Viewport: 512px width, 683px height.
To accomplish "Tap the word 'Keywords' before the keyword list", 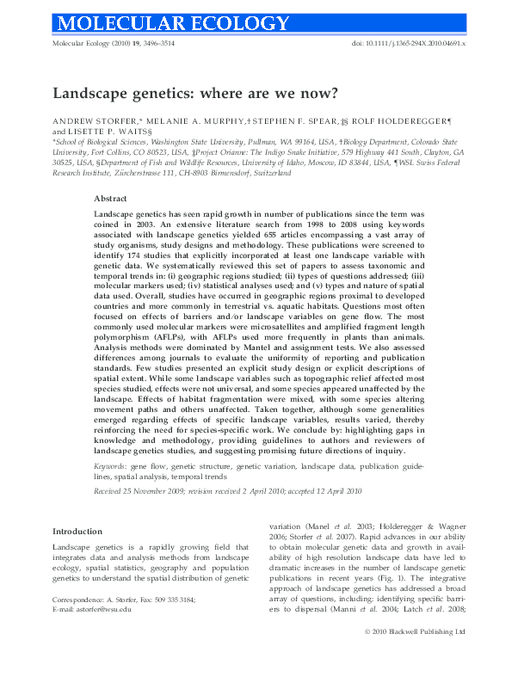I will [112, 465].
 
